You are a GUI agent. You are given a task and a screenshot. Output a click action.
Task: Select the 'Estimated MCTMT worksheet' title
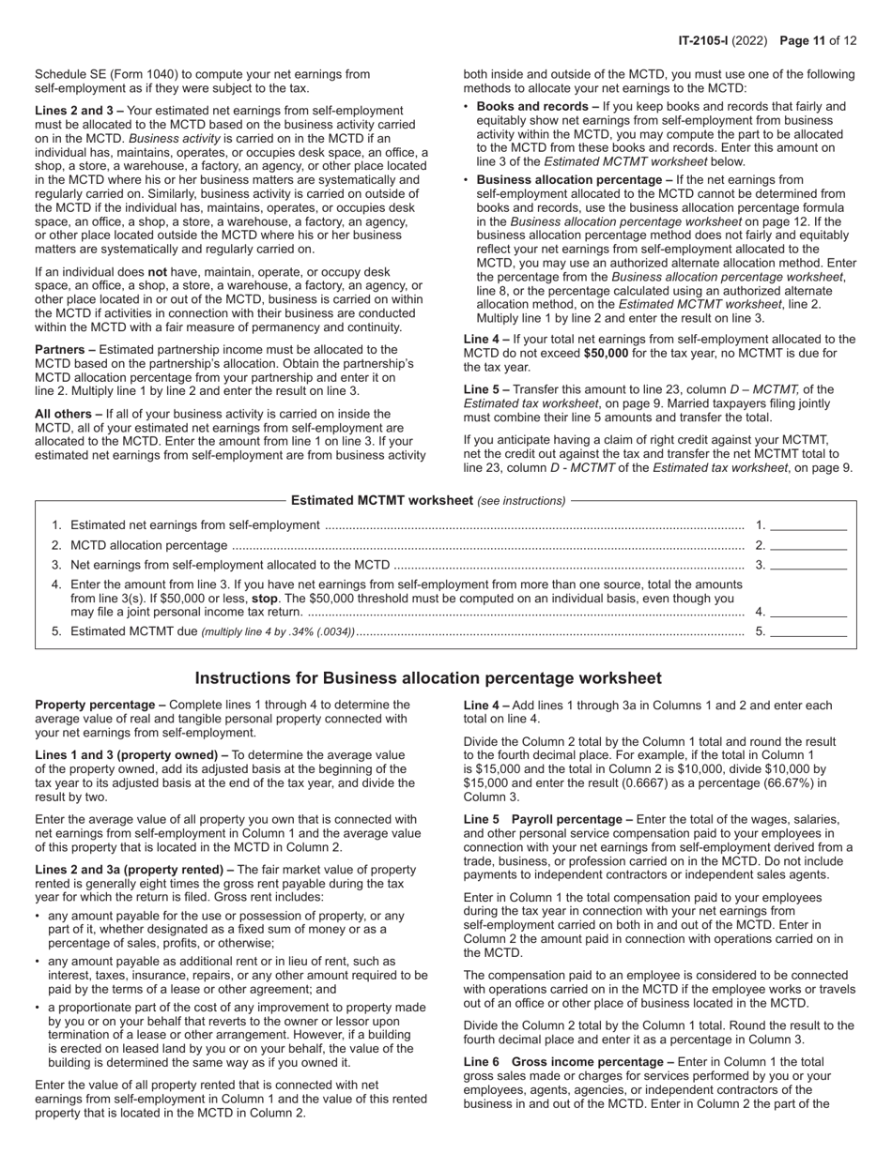(x=381, y=500)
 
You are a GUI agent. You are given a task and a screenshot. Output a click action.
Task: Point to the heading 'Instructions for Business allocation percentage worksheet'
(x=428, y=678)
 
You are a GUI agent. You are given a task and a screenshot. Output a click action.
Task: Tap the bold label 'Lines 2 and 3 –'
(x=79, y=111)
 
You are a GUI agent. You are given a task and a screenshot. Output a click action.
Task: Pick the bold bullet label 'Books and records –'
(x=537, y=107)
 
